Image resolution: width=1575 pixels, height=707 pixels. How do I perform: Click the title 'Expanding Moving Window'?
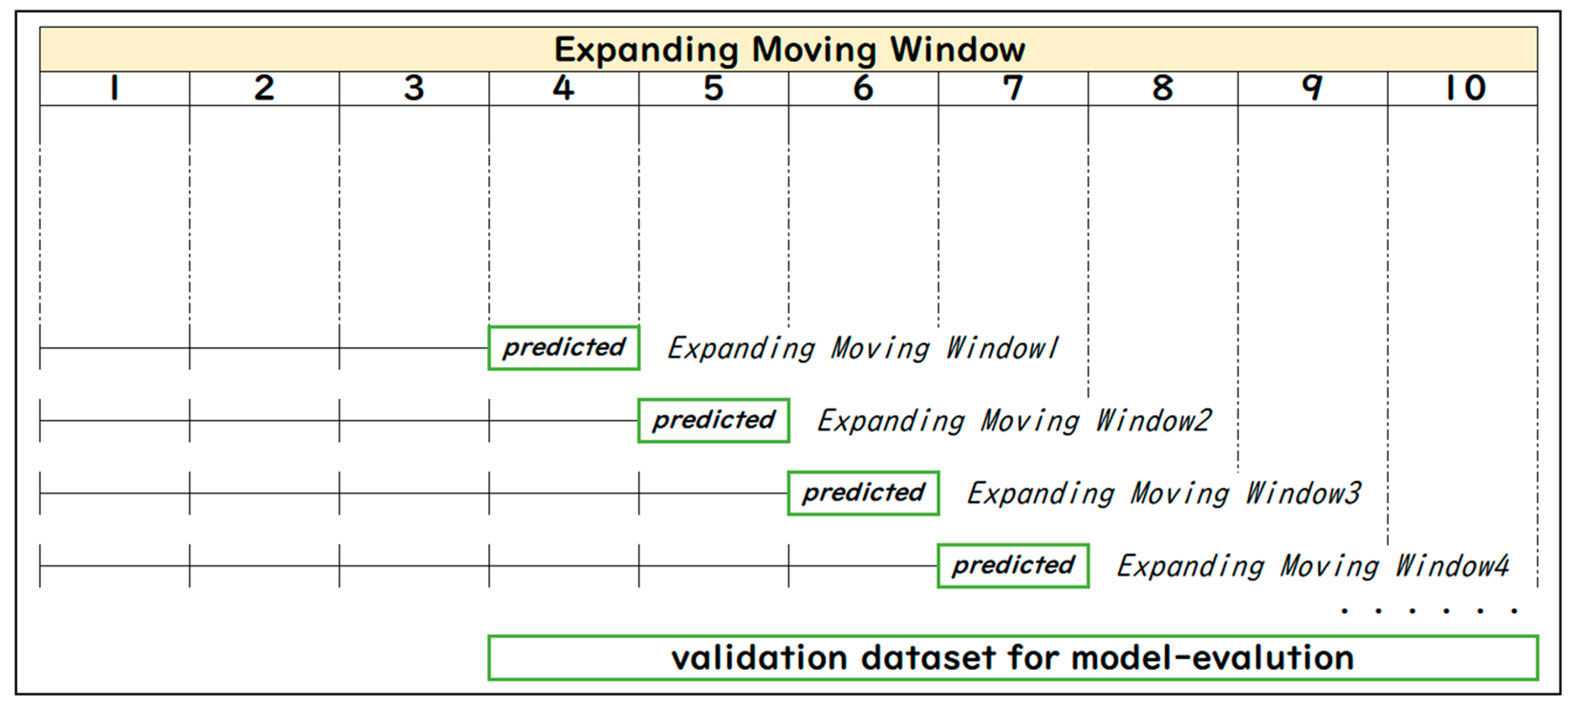coord(789,50)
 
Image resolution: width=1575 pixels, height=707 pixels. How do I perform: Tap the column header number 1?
coord(114,87)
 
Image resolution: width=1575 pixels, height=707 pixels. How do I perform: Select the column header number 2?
coord(264,87)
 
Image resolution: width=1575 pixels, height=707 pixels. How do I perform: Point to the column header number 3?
coord(414,87)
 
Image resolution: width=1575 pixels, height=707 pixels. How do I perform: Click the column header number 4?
coord(564,87)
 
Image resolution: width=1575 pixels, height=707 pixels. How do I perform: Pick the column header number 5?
coord(713,87)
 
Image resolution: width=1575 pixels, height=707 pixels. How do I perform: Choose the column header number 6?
coord(863,87)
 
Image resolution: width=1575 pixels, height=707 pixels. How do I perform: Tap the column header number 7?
coord(1013,87)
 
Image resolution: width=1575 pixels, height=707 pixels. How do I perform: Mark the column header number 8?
coord(1163,87)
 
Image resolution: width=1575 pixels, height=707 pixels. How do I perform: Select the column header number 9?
coord(1313,87)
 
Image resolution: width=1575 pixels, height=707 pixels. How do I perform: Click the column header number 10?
coord(1465,87)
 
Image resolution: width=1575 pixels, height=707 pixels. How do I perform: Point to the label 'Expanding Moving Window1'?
coord(863,348)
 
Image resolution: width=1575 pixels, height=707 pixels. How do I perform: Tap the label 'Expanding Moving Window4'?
coord(1313,566)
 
